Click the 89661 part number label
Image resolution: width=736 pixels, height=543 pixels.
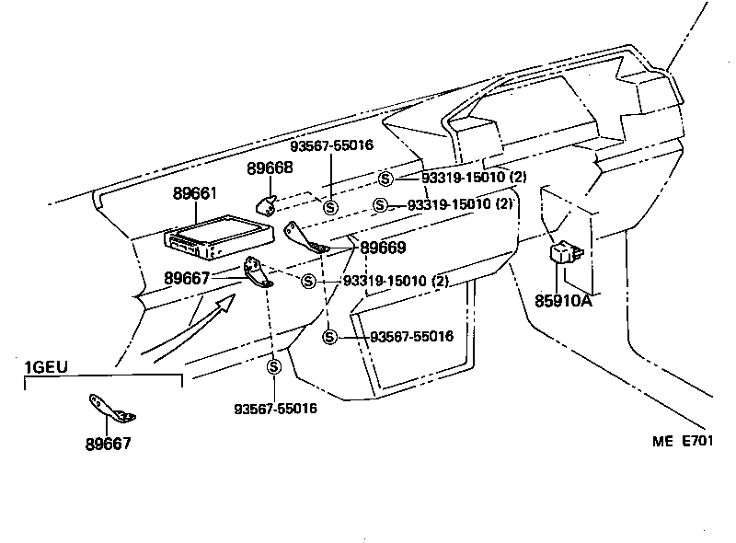[x=195, y=194]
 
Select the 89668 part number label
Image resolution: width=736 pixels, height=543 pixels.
[x=270, y=168]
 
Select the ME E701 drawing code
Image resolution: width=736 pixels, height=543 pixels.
[x=683, y=441]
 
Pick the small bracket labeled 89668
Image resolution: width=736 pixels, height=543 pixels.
[x=267, y=206]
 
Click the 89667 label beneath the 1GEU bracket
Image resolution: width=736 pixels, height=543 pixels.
[x=108, y=444]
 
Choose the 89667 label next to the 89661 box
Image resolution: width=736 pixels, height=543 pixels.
[x=188, y=277]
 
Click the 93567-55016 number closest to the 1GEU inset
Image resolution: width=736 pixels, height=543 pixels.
[x=275, y=408]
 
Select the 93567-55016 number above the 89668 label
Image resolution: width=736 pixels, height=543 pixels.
[x=331, y=145]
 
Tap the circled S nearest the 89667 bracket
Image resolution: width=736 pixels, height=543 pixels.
[x=308, y=281]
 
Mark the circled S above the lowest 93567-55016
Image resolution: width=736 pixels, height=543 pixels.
[x=274, y=366]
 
